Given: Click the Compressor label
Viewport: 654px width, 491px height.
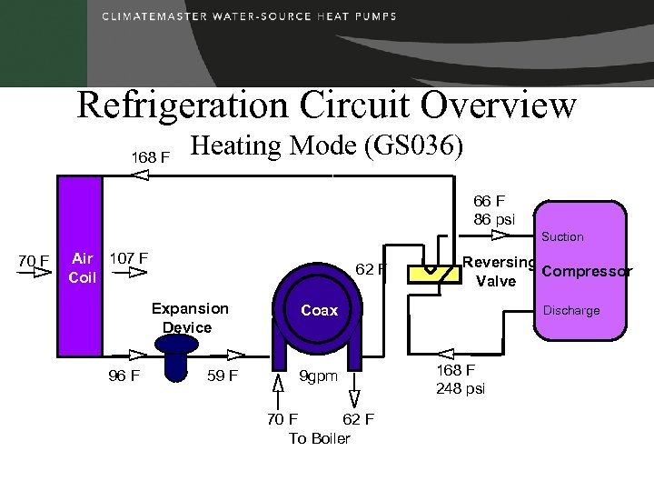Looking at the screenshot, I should tap(586, 272).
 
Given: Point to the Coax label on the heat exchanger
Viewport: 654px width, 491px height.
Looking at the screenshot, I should tap(319, 310).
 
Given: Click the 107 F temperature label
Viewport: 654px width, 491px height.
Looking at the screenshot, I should tap(128, 257).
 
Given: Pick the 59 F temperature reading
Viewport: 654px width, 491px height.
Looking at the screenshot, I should tap(223, 375).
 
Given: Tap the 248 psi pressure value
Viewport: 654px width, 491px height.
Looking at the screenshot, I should tap(461, 388).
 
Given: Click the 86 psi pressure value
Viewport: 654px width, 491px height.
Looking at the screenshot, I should tap(494, 219).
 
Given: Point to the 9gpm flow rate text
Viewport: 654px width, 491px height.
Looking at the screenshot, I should tap(319, 376).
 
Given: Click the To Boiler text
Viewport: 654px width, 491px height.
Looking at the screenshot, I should tap(319, 438).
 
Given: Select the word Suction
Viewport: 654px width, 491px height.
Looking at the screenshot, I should tap(562, 236).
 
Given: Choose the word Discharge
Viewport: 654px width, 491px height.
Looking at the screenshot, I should tap(570, 310).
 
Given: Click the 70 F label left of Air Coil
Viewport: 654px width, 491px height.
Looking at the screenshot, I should tap(34, 262).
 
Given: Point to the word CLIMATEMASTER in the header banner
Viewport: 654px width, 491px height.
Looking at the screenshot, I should tap(154, 17).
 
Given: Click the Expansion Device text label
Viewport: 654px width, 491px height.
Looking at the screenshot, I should tap(189, 317).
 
